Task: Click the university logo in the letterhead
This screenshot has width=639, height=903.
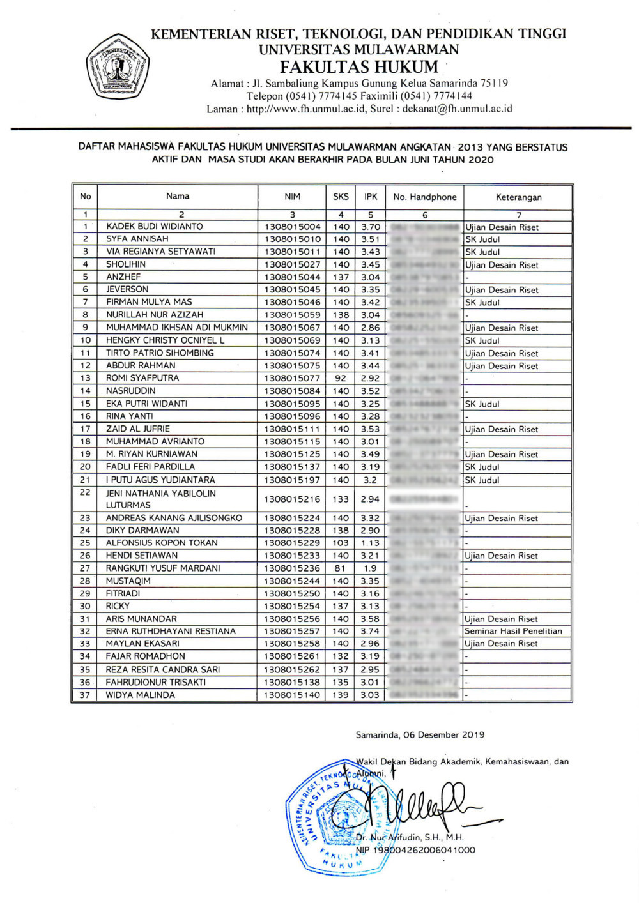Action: click(118, 66)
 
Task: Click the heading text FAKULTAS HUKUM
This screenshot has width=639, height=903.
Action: click(359, 67)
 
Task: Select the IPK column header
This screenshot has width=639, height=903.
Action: click(371, 197)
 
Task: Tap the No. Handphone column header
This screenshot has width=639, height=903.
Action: click(425, 197)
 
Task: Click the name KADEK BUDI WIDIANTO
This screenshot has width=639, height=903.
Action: click(155, 227)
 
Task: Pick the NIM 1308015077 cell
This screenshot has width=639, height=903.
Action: click(292, 378)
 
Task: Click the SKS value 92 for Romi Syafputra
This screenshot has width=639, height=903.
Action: click(341, 378)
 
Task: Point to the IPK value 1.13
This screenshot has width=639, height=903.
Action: click(370, 543)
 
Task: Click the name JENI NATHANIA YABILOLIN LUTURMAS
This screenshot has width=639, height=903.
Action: click(161, 499)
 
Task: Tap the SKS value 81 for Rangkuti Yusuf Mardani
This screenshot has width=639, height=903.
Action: click(340, 568)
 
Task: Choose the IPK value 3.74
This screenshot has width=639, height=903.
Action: click(370, 631)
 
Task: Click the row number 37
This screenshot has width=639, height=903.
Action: click(85, 695)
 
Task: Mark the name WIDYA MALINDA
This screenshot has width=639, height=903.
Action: click(140, 695)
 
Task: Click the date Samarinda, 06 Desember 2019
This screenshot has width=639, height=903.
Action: click(420, 735)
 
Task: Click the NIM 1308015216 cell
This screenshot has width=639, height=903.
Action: click(292, 499)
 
